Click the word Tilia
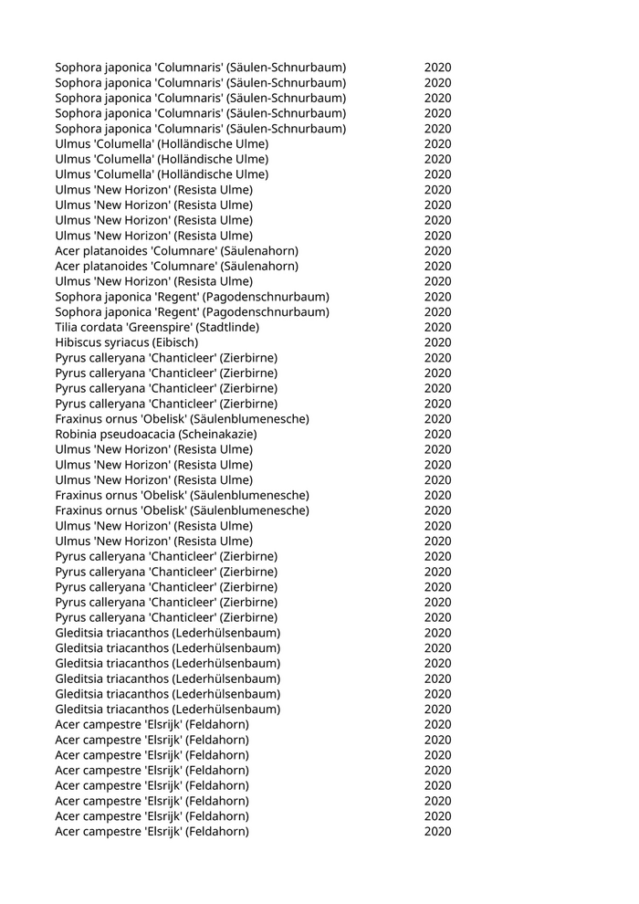click(x=69, y=327)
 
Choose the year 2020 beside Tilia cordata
click(x=437, y=327)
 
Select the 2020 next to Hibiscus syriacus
click(x=437, y=342)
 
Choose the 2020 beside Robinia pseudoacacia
click(x=437, y=435)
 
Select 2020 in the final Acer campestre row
click(x=437, y=832)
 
